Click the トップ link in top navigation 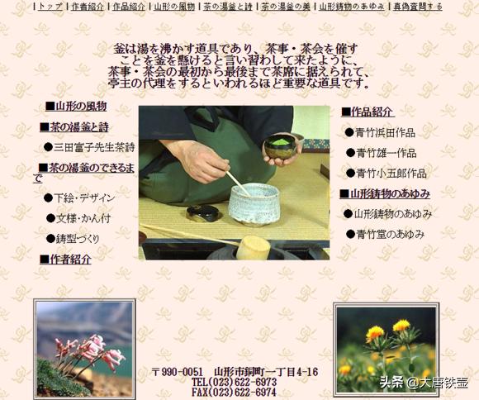point(50,7)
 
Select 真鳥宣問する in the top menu point(417,7)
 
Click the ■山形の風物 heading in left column point(75,107)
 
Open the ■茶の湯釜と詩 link point(74,127)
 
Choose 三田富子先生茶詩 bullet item point(93,147)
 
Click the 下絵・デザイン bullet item point(83,198)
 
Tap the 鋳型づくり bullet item point(79,239)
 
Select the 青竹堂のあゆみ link point(390,234)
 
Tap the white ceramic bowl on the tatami point(253,203)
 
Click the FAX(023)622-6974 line point(234,393)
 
